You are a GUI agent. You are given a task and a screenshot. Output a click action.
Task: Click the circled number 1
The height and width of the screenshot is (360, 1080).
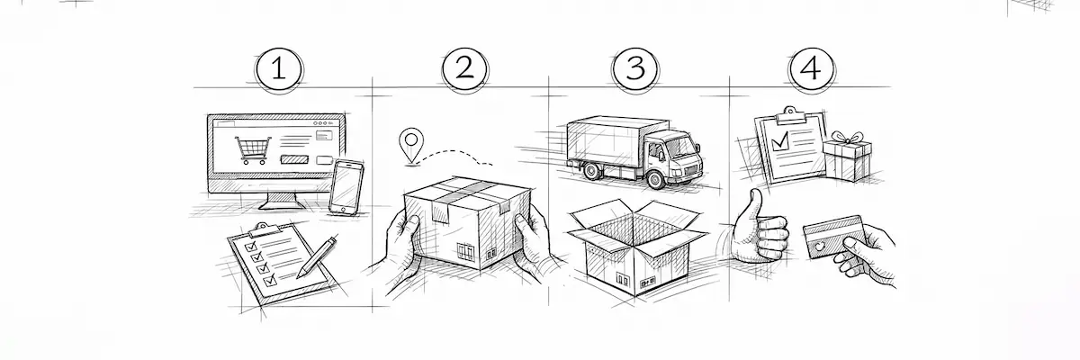click(279, 69)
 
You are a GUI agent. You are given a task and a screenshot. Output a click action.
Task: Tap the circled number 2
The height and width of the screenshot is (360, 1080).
click(464, 68)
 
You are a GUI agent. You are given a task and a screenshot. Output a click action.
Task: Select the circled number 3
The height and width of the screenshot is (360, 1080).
click(635, 68)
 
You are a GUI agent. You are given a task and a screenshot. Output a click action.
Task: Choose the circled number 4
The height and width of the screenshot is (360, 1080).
click(812, 68)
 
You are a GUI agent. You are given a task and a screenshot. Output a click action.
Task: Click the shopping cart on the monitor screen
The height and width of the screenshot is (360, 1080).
click(252, 150)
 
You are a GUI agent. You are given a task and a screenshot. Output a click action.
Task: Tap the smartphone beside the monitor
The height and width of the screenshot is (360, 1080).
click(346, 187)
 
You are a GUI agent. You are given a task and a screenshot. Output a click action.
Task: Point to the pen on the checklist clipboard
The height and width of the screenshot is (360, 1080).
click(316, 256)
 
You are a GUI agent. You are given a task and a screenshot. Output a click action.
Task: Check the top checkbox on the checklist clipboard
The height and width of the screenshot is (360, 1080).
click(251, 247)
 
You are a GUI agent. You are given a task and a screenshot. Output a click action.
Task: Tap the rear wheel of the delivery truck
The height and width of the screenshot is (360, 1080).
click(591, 171)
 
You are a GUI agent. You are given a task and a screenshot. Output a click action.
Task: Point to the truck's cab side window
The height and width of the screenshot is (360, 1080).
click(657, 151)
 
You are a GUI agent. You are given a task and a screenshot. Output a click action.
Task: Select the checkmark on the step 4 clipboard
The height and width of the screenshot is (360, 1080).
click(780, 140)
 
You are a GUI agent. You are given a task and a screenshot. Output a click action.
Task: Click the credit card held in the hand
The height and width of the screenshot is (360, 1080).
click(832, 237)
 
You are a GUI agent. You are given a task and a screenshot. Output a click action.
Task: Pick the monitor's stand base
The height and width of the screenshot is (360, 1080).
click(282, 205)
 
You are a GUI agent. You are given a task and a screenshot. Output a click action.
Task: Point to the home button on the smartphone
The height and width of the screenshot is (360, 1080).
click(343, 209)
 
